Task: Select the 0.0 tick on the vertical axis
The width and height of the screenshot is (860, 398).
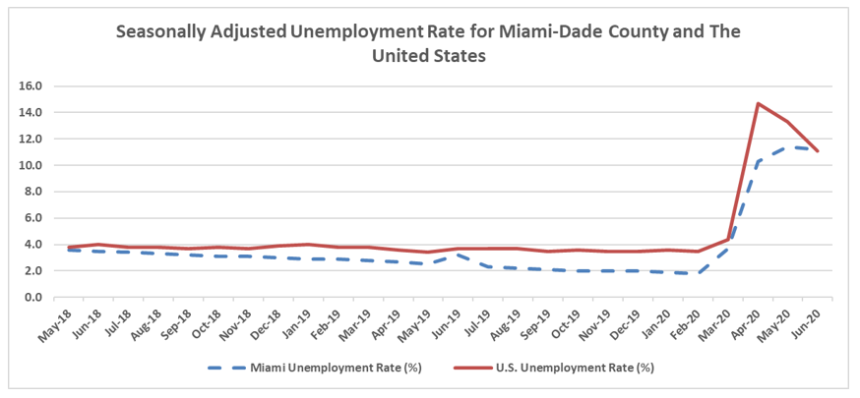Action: click(31, 298)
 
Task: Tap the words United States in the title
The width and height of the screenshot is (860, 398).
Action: click(429, 56)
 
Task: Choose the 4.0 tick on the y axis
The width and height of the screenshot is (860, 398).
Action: click(31, 245)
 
